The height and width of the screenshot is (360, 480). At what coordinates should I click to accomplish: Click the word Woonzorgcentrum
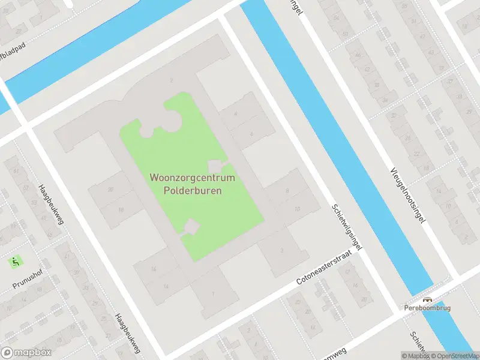pos(193,179)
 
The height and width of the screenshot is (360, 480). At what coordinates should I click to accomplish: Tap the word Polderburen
pos(193,191)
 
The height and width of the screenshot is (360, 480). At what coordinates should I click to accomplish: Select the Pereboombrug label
pos(427,308)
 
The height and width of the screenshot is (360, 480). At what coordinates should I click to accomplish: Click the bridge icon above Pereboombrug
pos(427,300)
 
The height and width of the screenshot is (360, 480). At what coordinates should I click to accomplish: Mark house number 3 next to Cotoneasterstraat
pos(281,250)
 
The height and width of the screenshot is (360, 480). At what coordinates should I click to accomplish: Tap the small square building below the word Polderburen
pos(191,227)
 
